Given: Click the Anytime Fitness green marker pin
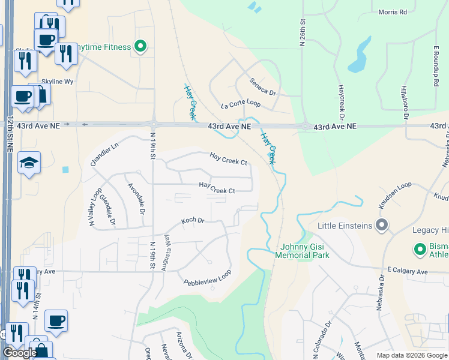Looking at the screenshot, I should (141, 46).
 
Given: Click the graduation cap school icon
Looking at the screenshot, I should (28, 163).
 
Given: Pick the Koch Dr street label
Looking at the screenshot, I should (193, 221).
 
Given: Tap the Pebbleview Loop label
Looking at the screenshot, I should (207, 278).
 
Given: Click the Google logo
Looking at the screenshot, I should (20, 353).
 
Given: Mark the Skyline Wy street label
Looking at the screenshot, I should (58, 81).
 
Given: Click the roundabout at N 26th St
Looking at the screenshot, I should (306, 127).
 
